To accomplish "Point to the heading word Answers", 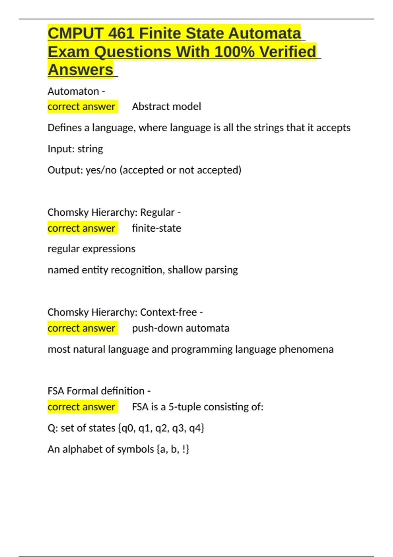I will (x=81, y=70).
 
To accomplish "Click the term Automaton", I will (x=73, y=91).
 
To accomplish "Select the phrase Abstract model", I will (x=166, y=106).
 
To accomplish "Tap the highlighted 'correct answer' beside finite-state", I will (x=81, y=228).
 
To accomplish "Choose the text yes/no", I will (x=101, y=170).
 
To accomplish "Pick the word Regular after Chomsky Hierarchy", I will (x=157, y=212).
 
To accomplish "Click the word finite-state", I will (x=157, y=228).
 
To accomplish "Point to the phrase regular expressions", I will (x=91, y=249).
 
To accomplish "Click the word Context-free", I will (x=168, y=312).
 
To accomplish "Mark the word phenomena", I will (x=306, y=349).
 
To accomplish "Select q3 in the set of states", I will (x=178, y=428).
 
